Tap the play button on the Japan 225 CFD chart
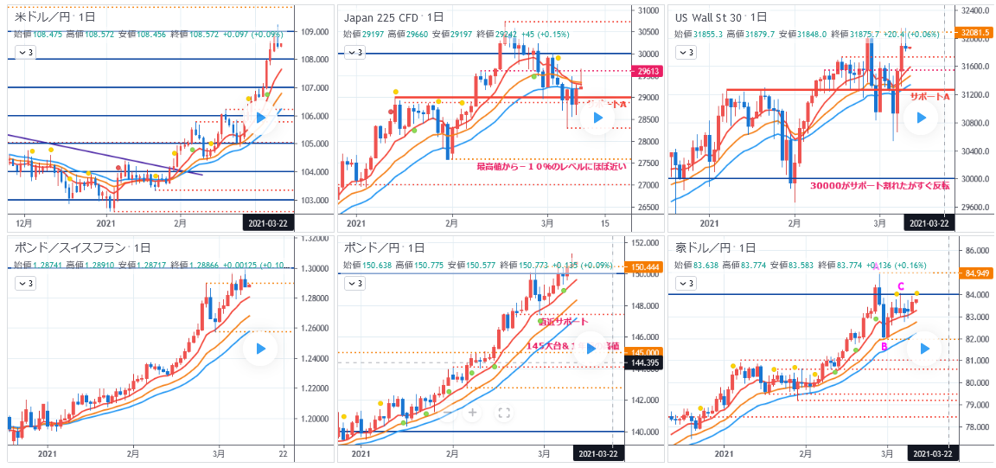[596, 119]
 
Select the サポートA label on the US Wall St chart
[929, 96]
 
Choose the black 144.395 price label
[642, 363]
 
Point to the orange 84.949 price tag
[974, 273]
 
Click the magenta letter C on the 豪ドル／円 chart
[900, 286]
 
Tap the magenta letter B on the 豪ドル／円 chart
[884, 346]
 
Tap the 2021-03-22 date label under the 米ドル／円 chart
[267, 223]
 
